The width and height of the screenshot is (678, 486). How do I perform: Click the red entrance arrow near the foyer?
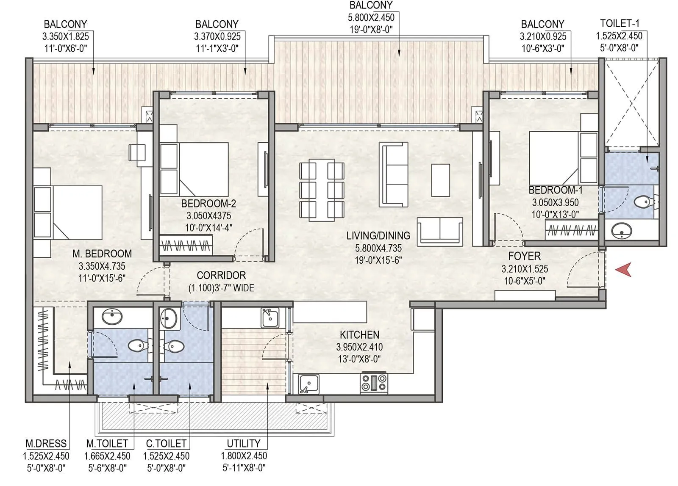click(x=624, y=269)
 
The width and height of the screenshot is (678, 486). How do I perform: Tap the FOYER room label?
click(x=524, y=257)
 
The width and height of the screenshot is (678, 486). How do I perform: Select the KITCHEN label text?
click(x=359, y=335)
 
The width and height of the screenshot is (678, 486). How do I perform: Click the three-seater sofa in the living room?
click(x=394, y=174)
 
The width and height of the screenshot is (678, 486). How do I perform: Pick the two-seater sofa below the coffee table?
click(x=440, y=231)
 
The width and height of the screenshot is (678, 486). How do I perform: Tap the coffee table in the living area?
click(x=440, y=180)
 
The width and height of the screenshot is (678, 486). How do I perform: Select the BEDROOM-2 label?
click(x=208, y=204)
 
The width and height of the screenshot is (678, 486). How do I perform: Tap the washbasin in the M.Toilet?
click(x=112, y=316)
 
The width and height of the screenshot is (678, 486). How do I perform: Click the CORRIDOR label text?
click(x=221, y=276)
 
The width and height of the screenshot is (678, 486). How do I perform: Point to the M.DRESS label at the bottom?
click(x=46, y=444)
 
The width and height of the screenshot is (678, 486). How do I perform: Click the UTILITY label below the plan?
click(x=244, y=444)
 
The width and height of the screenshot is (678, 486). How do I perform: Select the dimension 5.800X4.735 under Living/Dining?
click(x=378, y=248)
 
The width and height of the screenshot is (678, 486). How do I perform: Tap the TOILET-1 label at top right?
click(x=620, y=23)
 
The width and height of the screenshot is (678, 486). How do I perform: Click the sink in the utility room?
click(x=270, y=317)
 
